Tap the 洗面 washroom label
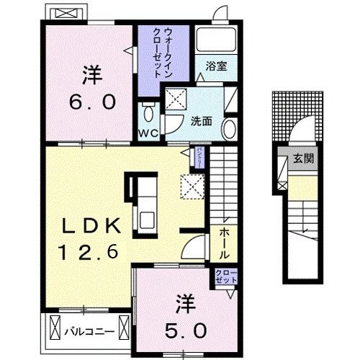[x=201, y=120]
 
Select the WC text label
[x=148, y=133]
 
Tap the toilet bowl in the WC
[x=148, y=112]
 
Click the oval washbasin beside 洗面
[x=229, y=130]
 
